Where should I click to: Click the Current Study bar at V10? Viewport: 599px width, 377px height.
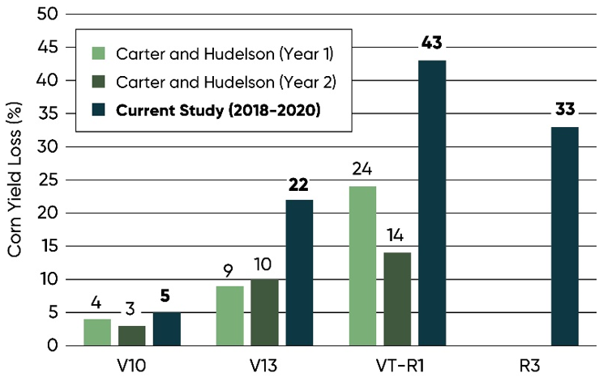(166, 328)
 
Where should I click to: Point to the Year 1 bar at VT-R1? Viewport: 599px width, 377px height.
(362, 265)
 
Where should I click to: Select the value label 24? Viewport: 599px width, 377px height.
(362, 170)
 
